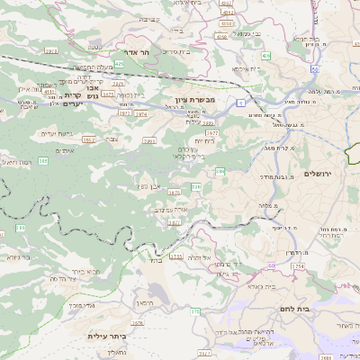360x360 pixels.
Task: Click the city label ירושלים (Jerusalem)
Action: coord(317,173)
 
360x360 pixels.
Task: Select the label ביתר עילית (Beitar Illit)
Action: coord(105,336)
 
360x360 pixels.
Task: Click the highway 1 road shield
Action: coord(241,103)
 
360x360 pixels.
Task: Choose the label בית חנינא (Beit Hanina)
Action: coord(306,40)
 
